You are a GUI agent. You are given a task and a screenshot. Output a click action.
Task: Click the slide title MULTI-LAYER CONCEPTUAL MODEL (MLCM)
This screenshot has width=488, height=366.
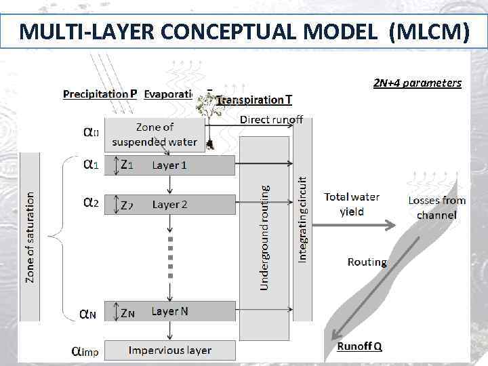[244, 31]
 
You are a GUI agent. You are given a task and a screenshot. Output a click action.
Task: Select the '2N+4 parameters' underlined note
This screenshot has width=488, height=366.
[417, 83]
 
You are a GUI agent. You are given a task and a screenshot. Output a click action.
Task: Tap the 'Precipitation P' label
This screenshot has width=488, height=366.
[100, 94]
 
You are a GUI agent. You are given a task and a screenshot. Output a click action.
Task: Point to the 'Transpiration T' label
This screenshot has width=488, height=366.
[255, 100]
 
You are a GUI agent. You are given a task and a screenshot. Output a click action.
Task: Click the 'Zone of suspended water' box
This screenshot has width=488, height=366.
[155, 134]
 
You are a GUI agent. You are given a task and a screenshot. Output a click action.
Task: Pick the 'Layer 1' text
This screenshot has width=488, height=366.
[169, 165]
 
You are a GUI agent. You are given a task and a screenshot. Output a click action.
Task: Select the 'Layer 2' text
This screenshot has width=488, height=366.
[169, 204]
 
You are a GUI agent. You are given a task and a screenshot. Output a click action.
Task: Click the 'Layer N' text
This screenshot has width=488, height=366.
[169, 311]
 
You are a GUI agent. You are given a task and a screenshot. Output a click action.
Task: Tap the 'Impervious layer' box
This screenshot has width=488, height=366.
[170, 350]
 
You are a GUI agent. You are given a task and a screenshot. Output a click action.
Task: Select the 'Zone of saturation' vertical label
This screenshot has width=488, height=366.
[30, 236]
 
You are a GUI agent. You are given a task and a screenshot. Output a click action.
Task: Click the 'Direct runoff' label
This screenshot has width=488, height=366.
[271, 120]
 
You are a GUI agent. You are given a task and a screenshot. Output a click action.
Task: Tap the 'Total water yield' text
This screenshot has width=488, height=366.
[352, 204]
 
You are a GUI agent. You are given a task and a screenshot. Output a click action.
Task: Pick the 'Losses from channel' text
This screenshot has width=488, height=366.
[436, 207]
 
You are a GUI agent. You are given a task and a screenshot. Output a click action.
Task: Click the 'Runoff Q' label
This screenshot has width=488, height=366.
[359, 346]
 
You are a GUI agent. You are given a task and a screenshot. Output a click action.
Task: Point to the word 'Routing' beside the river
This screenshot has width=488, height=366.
[367, 262]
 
